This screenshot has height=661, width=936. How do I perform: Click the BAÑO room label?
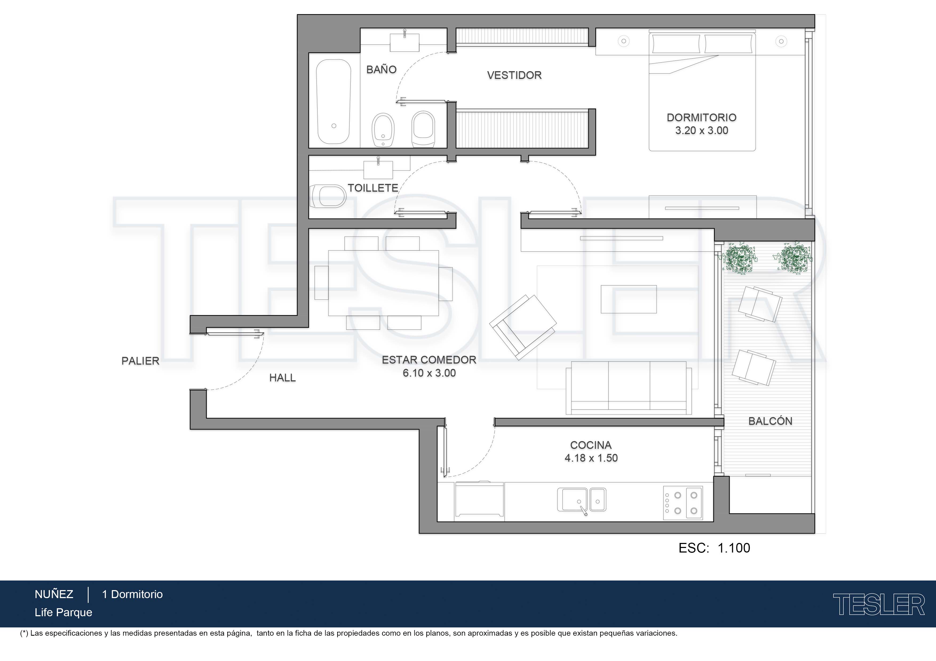[x=381, y=70]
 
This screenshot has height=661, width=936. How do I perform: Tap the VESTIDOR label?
[x=514, y=75]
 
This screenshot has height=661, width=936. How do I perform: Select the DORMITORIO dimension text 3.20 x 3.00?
[x=701, y=131]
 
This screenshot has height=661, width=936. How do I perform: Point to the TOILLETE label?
[x=372, y=188]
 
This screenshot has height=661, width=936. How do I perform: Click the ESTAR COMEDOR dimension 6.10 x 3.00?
[x=429, y=373]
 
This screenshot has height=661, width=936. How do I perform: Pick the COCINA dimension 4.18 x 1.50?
[x=591, y=458]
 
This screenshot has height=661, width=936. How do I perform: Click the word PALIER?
[x=140, y=361]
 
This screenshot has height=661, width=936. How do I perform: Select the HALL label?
[x=283, y=378]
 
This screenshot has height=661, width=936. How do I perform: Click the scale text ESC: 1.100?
[x=714, y=548]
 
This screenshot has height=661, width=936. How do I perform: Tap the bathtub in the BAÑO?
[x=334, y=102]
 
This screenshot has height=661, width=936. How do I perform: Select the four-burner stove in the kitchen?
[x=683, y=503]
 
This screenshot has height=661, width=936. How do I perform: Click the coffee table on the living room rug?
[x=629, y=299]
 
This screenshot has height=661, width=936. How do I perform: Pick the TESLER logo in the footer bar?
[x=879, y=604]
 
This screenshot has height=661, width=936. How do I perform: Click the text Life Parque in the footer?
[x=63, y=612]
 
